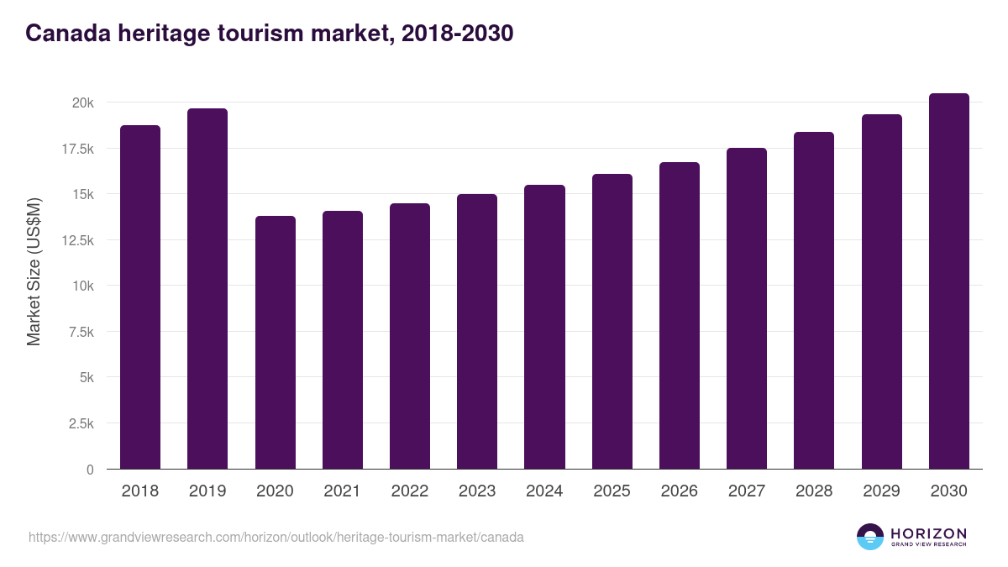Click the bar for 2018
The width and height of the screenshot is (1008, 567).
140,297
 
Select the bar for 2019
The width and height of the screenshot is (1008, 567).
207,289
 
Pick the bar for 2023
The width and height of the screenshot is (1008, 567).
477,332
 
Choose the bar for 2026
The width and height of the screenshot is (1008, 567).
679,316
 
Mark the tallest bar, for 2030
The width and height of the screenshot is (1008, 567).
948,281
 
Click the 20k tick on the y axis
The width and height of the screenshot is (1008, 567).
82,102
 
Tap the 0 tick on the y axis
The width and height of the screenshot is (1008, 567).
89,470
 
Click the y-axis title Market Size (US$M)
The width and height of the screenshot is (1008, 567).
34,271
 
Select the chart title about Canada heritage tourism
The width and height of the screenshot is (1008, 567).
269,33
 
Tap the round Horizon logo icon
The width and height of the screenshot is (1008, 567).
870,537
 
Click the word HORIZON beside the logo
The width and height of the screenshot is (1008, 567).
928,533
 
